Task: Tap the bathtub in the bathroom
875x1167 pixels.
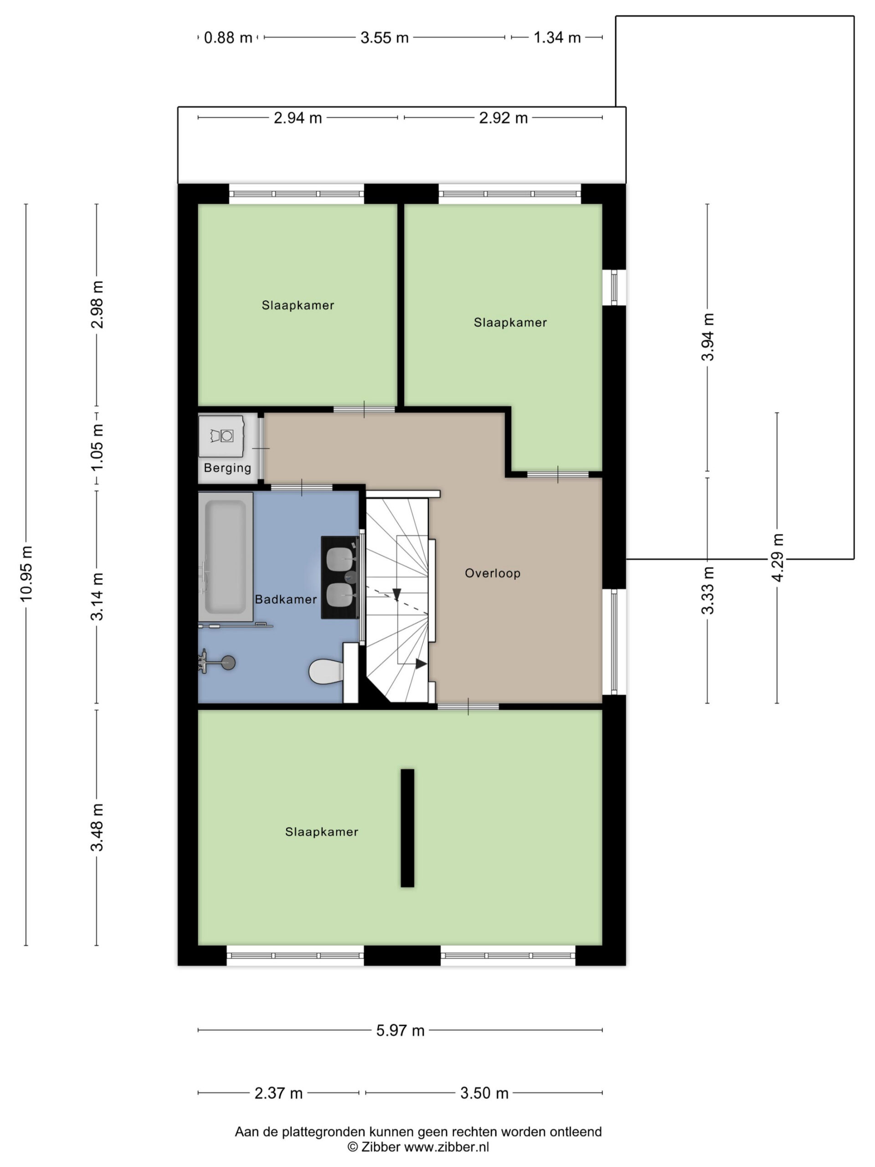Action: pos(226,557)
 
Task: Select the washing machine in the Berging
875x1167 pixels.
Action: pos(221,436)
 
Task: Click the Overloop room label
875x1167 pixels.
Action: pos(493,573)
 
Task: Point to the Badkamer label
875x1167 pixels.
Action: pos(286,599)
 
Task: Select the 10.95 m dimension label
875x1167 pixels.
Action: pos(26,574)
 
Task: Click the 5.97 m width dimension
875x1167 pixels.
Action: pos(400,1030)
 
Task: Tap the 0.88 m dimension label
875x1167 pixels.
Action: pos(228,37)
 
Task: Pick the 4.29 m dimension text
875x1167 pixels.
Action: pos(778,558)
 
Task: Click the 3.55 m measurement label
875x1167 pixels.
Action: pos(385,37)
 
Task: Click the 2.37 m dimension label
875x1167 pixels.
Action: pos(278,1093)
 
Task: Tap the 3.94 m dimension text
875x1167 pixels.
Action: pos(708,337)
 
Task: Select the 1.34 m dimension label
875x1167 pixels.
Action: pos(557,37)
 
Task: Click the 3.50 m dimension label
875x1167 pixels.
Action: pos(484,1093)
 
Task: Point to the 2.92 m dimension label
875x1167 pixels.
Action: pos(503,118)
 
